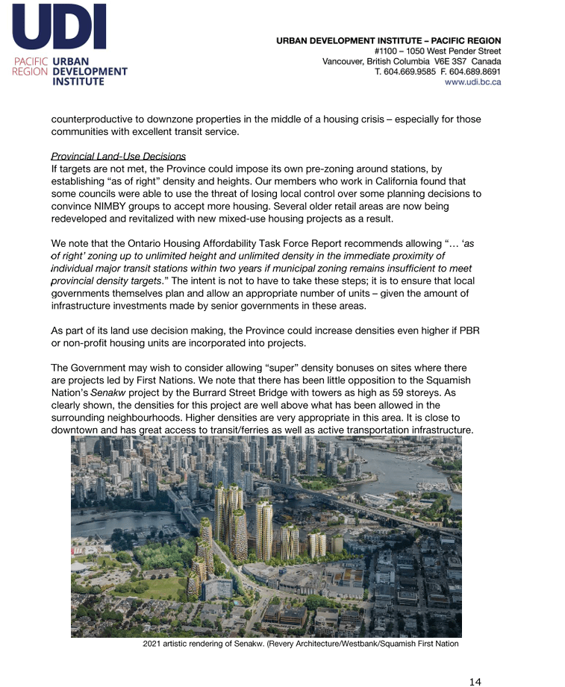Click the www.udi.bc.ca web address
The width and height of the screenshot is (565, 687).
[x=472, y=82]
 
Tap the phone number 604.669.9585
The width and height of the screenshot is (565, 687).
[x=413, y=72]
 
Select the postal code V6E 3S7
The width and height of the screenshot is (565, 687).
[x=449, y=61]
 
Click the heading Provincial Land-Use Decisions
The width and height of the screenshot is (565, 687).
[x=118, y=157]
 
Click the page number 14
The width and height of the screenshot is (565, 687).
[x=475, y=681]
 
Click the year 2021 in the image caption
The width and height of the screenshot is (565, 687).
[x=153, y=644]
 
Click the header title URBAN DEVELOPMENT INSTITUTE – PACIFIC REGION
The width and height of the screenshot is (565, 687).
[x=388, y=40]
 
